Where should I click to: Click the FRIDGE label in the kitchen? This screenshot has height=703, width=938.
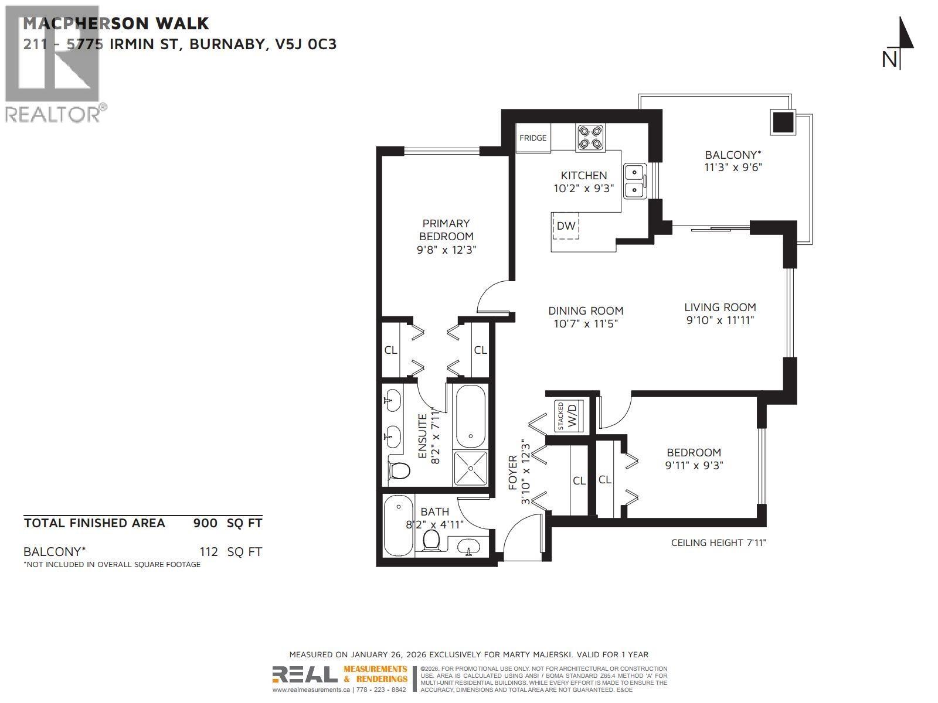[x=533, y=138]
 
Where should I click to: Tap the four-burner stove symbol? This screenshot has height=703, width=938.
[x=590, y=138]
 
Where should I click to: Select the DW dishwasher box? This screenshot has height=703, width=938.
[x=566, y=226]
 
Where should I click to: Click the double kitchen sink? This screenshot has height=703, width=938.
[x=634, y=181]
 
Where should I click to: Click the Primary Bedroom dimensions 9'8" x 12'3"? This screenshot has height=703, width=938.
[x=446, y=250]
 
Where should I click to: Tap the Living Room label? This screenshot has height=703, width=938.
[x=720, y=307]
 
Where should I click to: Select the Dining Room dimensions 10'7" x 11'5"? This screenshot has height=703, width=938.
[x=585, y=323]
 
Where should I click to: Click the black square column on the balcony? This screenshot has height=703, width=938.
[x=782, y=122]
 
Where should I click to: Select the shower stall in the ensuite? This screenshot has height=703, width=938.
[x=470, y=468]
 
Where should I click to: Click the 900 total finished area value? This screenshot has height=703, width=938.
[x=205, y=523]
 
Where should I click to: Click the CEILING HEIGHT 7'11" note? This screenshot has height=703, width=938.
[x=718, y=543]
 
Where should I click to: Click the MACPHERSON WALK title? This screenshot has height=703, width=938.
[x=115, y=24]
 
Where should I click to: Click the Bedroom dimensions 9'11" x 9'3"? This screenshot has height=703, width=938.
[x=694, y=466]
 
